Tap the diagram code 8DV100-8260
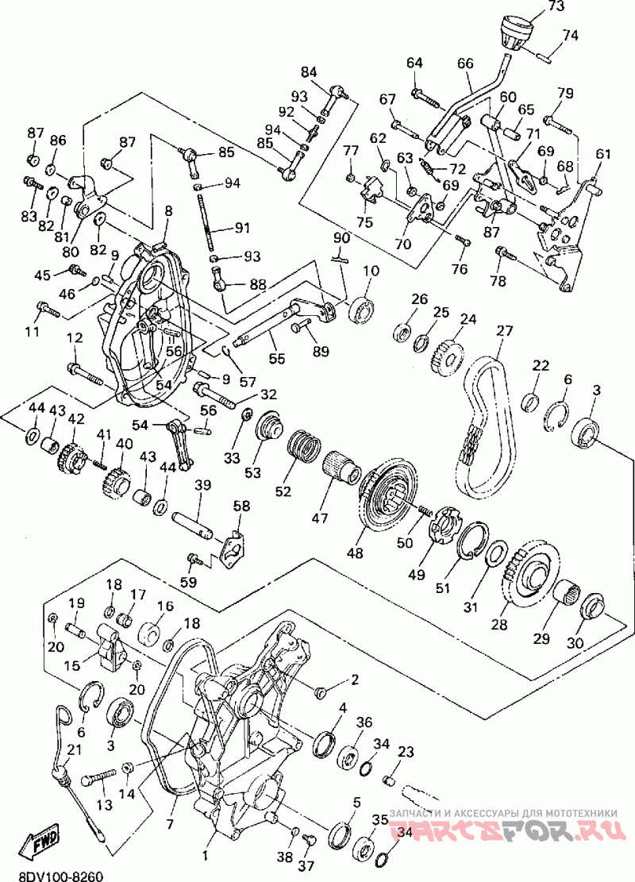point(53,876)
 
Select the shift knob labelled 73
point(517,35)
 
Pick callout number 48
point(355,553)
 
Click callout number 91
point(242,228)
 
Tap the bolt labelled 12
point(86,374)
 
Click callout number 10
point(371,270)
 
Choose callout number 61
point(603,153)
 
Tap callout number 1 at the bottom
point(205,856)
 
